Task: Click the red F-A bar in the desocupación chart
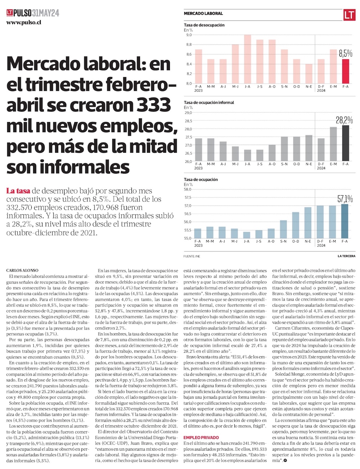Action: [x=345, y=71]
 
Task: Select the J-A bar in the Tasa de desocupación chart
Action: [x=247, y=59]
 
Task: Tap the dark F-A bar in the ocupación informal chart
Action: [x=345, y=143]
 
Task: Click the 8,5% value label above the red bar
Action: [x=345, y=54]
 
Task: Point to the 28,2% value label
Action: [x=344, y=120]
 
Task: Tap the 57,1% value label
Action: [x=345, y=199]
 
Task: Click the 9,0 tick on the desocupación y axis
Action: [x=189, y=35]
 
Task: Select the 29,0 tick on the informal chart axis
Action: [x=188, y=113]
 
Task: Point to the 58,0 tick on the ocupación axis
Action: [x=188, y=189]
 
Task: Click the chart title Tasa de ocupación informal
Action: [x=209, y=103]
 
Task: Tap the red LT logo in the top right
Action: [x=349, y=15]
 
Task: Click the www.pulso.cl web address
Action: [x=24, y=22]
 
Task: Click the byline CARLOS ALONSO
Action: [x=22, y=270]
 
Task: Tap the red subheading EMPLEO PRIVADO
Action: [x=201, y=437]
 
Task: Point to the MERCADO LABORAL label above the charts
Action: [x=203, y=13]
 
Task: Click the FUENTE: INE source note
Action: [x=192, y=256]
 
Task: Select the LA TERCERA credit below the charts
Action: [x=346, y=256]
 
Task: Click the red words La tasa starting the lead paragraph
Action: [x=18, y=191]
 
